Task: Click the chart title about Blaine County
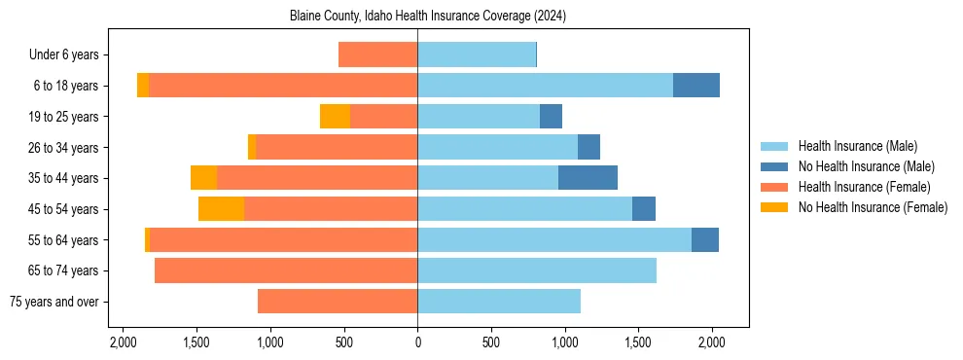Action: click(x=428, y=17)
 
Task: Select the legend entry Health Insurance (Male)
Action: click(x=856, y=146)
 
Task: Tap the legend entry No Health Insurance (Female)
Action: click(x=873, y=207)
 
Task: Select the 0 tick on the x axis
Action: click(x=417, y=342)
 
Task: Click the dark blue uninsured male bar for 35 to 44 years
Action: click(x=588, y=178)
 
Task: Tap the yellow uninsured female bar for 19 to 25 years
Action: click(x=335, y=117)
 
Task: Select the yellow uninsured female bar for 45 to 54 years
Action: click(x=221, y=209)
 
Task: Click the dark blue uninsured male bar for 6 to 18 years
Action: click(x=696, y=86)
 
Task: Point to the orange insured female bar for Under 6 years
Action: click(x=377, y=54)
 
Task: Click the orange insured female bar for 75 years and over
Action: click(x=338, y=302)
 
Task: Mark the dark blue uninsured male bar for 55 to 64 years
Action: click(x=705, y=240)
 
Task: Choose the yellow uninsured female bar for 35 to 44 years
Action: click(x=203, y=178)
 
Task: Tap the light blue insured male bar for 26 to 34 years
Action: click(x=497, y=147)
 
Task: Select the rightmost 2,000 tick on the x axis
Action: click(x=712, y=342)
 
